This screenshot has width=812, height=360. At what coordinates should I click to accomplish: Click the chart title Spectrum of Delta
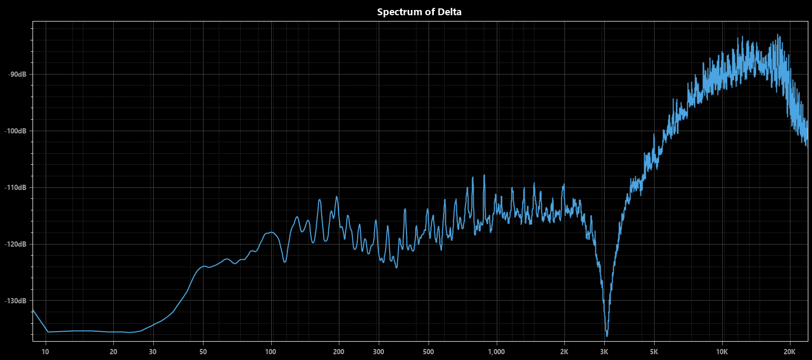(419, 12)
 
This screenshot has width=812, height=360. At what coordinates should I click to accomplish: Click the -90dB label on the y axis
(17, 74)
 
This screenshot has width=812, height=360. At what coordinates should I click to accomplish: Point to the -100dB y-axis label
(15, 131)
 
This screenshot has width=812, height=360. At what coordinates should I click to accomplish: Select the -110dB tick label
(15, 187)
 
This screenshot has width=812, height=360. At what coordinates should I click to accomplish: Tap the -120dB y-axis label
(15, 244)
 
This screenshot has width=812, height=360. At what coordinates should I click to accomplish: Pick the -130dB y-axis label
(15, 301)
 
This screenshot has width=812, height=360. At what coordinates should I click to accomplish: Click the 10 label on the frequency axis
(46, 351)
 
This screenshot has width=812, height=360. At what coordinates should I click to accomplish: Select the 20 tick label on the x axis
(113, 351)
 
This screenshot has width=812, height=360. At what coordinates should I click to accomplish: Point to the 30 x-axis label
(153, 351)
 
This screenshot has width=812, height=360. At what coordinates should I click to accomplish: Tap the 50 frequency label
(203, 351)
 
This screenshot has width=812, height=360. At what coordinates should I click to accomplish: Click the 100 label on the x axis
(271, 351)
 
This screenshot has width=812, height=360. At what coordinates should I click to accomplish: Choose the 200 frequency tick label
(338, 351)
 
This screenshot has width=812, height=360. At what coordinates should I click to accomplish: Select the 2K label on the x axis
(564, 351)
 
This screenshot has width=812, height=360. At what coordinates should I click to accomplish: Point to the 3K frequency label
(604, 351)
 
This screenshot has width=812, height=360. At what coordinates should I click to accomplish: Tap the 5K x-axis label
(654, 351)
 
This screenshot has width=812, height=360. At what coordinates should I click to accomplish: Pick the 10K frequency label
(722, 351)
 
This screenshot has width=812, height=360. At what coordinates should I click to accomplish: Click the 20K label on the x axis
(789, 351)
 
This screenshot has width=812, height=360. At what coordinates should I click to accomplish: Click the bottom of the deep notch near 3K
(607, 335)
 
